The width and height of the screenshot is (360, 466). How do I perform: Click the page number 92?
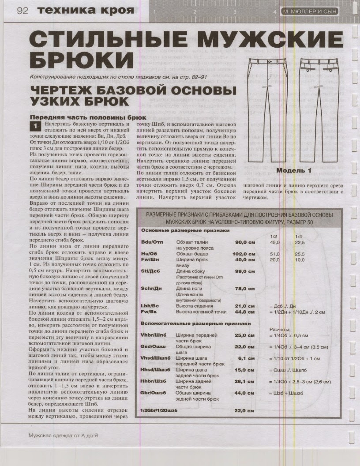click(x=22, y=11)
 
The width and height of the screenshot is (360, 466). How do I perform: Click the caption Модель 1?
click(x=294, y=170)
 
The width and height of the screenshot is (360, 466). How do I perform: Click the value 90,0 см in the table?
click(x=244, y=242)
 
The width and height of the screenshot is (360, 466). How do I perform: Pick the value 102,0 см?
click(x=243, y=254)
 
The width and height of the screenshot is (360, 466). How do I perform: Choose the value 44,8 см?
click(x=244, y=312)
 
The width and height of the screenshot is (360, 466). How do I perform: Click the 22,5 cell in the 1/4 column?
click(x=300, y=242)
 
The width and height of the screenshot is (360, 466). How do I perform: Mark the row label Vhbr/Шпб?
click(x=153, y=335)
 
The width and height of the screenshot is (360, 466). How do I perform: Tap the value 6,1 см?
click(x=246, y=358)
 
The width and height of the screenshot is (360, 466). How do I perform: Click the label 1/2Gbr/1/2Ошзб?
click(x=158, y=410)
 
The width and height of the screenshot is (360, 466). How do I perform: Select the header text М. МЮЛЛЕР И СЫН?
click(x=311, y=12)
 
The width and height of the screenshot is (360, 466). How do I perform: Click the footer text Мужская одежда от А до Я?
click(x=63, y=435)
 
